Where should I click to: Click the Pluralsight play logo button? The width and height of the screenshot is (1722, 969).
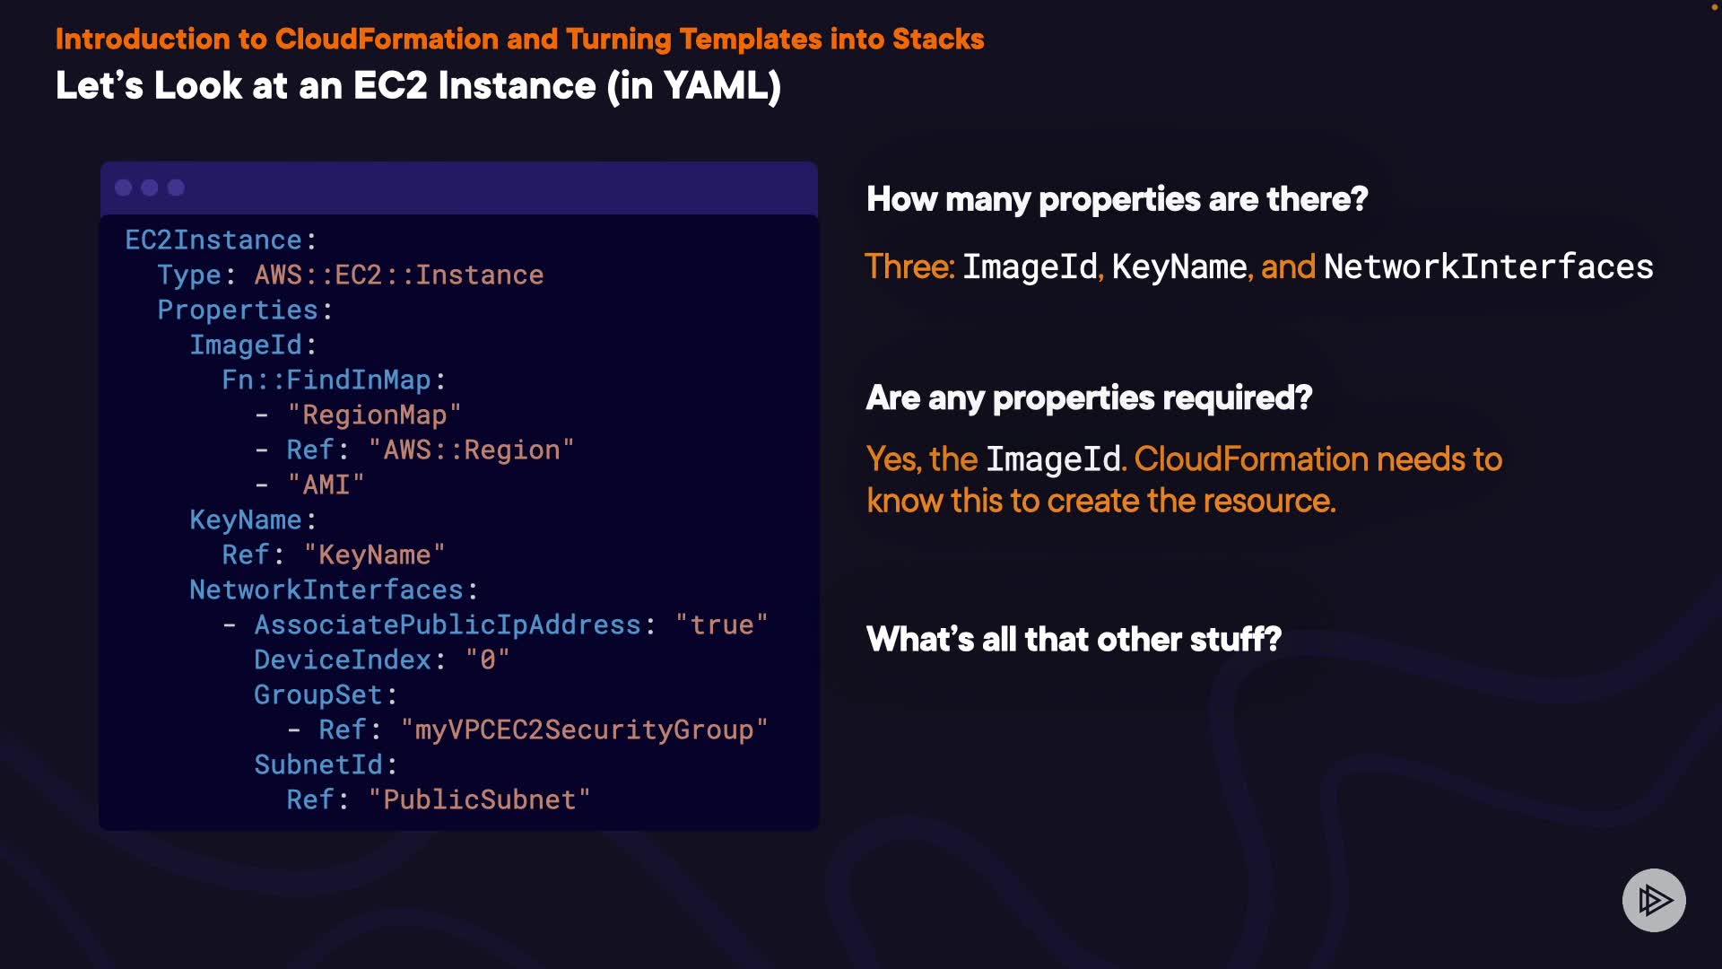pos(1654,900)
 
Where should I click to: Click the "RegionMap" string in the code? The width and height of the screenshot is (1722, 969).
pos(373,415)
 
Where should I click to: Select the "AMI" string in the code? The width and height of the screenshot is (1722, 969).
pos(325,484)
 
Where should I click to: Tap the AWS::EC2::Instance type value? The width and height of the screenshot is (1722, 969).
pos(398,275)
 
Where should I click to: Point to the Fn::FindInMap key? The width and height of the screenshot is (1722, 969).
pos(326,380)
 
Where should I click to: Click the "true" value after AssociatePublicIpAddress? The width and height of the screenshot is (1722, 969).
pos(721,624)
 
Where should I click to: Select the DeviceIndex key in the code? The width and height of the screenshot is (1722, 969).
pos(343,659)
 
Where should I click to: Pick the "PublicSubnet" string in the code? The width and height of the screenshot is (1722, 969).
pos(479,799)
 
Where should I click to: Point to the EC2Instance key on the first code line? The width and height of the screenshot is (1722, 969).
pos(213,240)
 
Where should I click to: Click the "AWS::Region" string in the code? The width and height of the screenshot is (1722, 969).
pos(470,450)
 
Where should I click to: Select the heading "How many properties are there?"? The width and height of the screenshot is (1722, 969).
pos(1117,199)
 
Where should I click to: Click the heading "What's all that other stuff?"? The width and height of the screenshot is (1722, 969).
pos(1074,640)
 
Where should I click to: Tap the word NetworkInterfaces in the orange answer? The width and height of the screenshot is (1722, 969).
pos(1488,266)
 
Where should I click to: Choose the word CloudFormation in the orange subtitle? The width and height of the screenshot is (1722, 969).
pos(386,39)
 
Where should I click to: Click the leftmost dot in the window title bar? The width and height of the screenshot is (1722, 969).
pos(124,188)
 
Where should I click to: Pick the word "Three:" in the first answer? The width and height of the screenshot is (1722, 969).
pos(909,266)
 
